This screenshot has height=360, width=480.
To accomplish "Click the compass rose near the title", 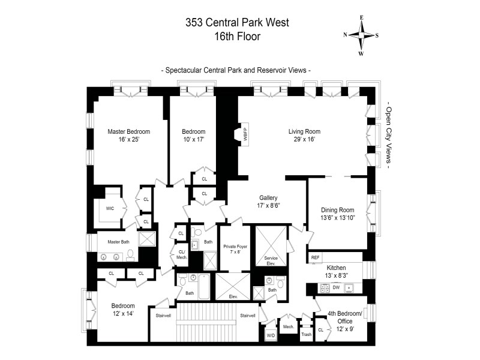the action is [361, 35].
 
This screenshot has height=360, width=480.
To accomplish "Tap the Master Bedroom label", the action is [129, 131].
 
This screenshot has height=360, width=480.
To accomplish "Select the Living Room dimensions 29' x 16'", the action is [304, 139].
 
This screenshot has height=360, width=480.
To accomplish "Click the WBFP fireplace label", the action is [245, 134].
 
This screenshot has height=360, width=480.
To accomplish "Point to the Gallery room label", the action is [268, 198].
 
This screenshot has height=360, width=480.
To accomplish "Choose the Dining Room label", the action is [337, 210].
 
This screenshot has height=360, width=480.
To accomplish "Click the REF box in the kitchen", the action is [315, 257].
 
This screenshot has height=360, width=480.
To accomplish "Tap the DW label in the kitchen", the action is [336, 287].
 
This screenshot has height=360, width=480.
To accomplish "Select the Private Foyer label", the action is [235, 247].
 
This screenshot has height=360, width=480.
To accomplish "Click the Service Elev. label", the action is [271, 260].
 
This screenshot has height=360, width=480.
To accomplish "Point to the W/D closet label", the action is [271, 335].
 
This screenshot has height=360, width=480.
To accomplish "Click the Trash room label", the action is [306, 334].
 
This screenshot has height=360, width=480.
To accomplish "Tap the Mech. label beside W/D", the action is [289, 326].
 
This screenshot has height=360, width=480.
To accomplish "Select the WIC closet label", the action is [110, 208].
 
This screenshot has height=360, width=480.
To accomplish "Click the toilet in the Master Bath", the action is [130, 255].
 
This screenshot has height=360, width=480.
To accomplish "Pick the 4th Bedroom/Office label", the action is [344, 317].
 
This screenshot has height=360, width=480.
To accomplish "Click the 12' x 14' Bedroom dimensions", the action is [123, 313].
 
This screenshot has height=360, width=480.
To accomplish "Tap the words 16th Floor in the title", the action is [237, 37].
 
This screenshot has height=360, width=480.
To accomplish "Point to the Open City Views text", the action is [388, 136].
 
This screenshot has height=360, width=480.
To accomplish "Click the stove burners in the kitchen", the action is [325, 288].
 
